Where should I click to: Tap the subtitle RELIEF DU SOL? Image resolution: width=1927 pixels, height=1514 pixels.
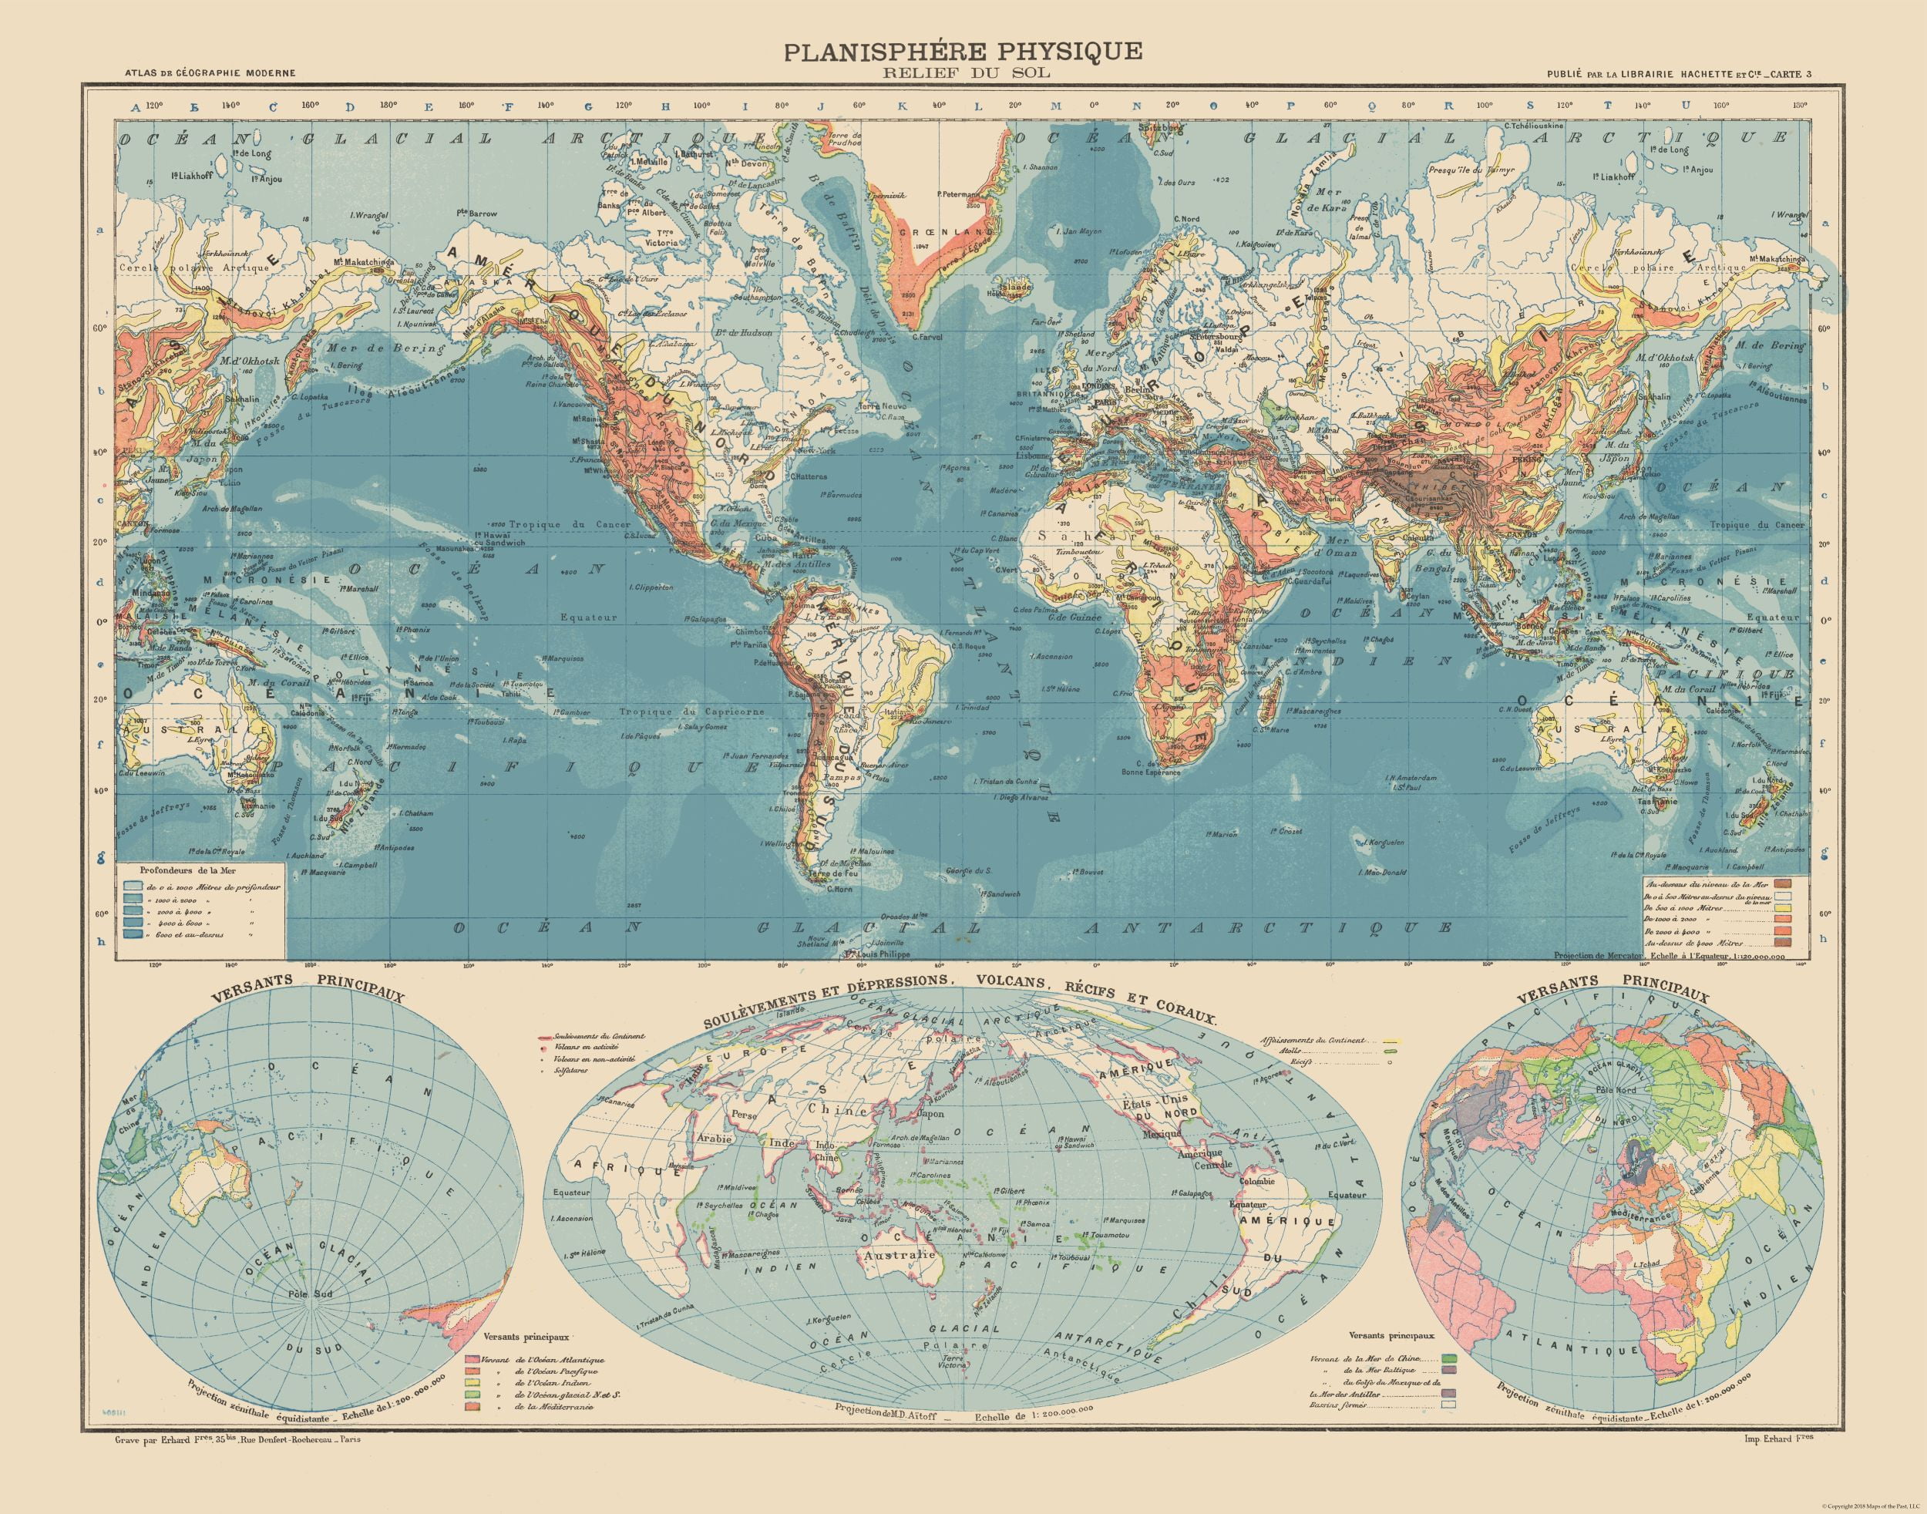point(962,73)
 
